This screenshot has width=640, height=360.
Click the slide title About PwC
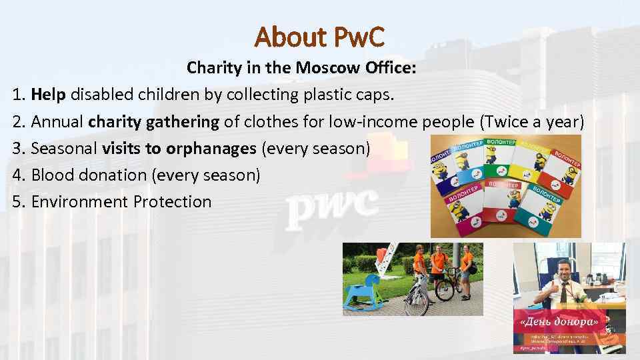coord(319,37)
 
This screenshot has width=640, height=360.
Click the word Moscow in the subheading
coord(325,67)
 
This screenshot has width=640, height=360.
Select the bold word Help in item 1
coord(48,94)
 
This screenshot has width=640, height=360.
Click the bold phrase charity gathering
coord(153,121)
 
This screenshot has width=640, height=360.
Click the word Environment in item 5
coord(79,201)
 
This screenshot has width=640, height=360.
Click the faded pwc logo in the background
coord(331,206)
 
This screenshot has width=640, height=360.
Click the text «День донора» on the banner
coord(557,322)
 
